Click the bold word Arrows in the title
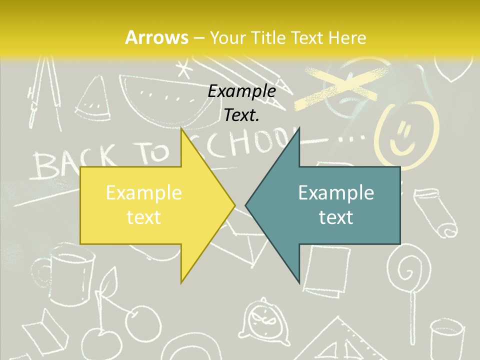coord(157,37)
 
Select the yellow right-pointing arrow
coord(150,205)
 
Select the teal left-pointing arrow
coord(330,205)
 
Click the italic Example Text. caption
coord(241,103)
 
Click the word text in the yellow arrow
coord(143,217)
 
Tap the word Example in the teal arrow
coord(336,192)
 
